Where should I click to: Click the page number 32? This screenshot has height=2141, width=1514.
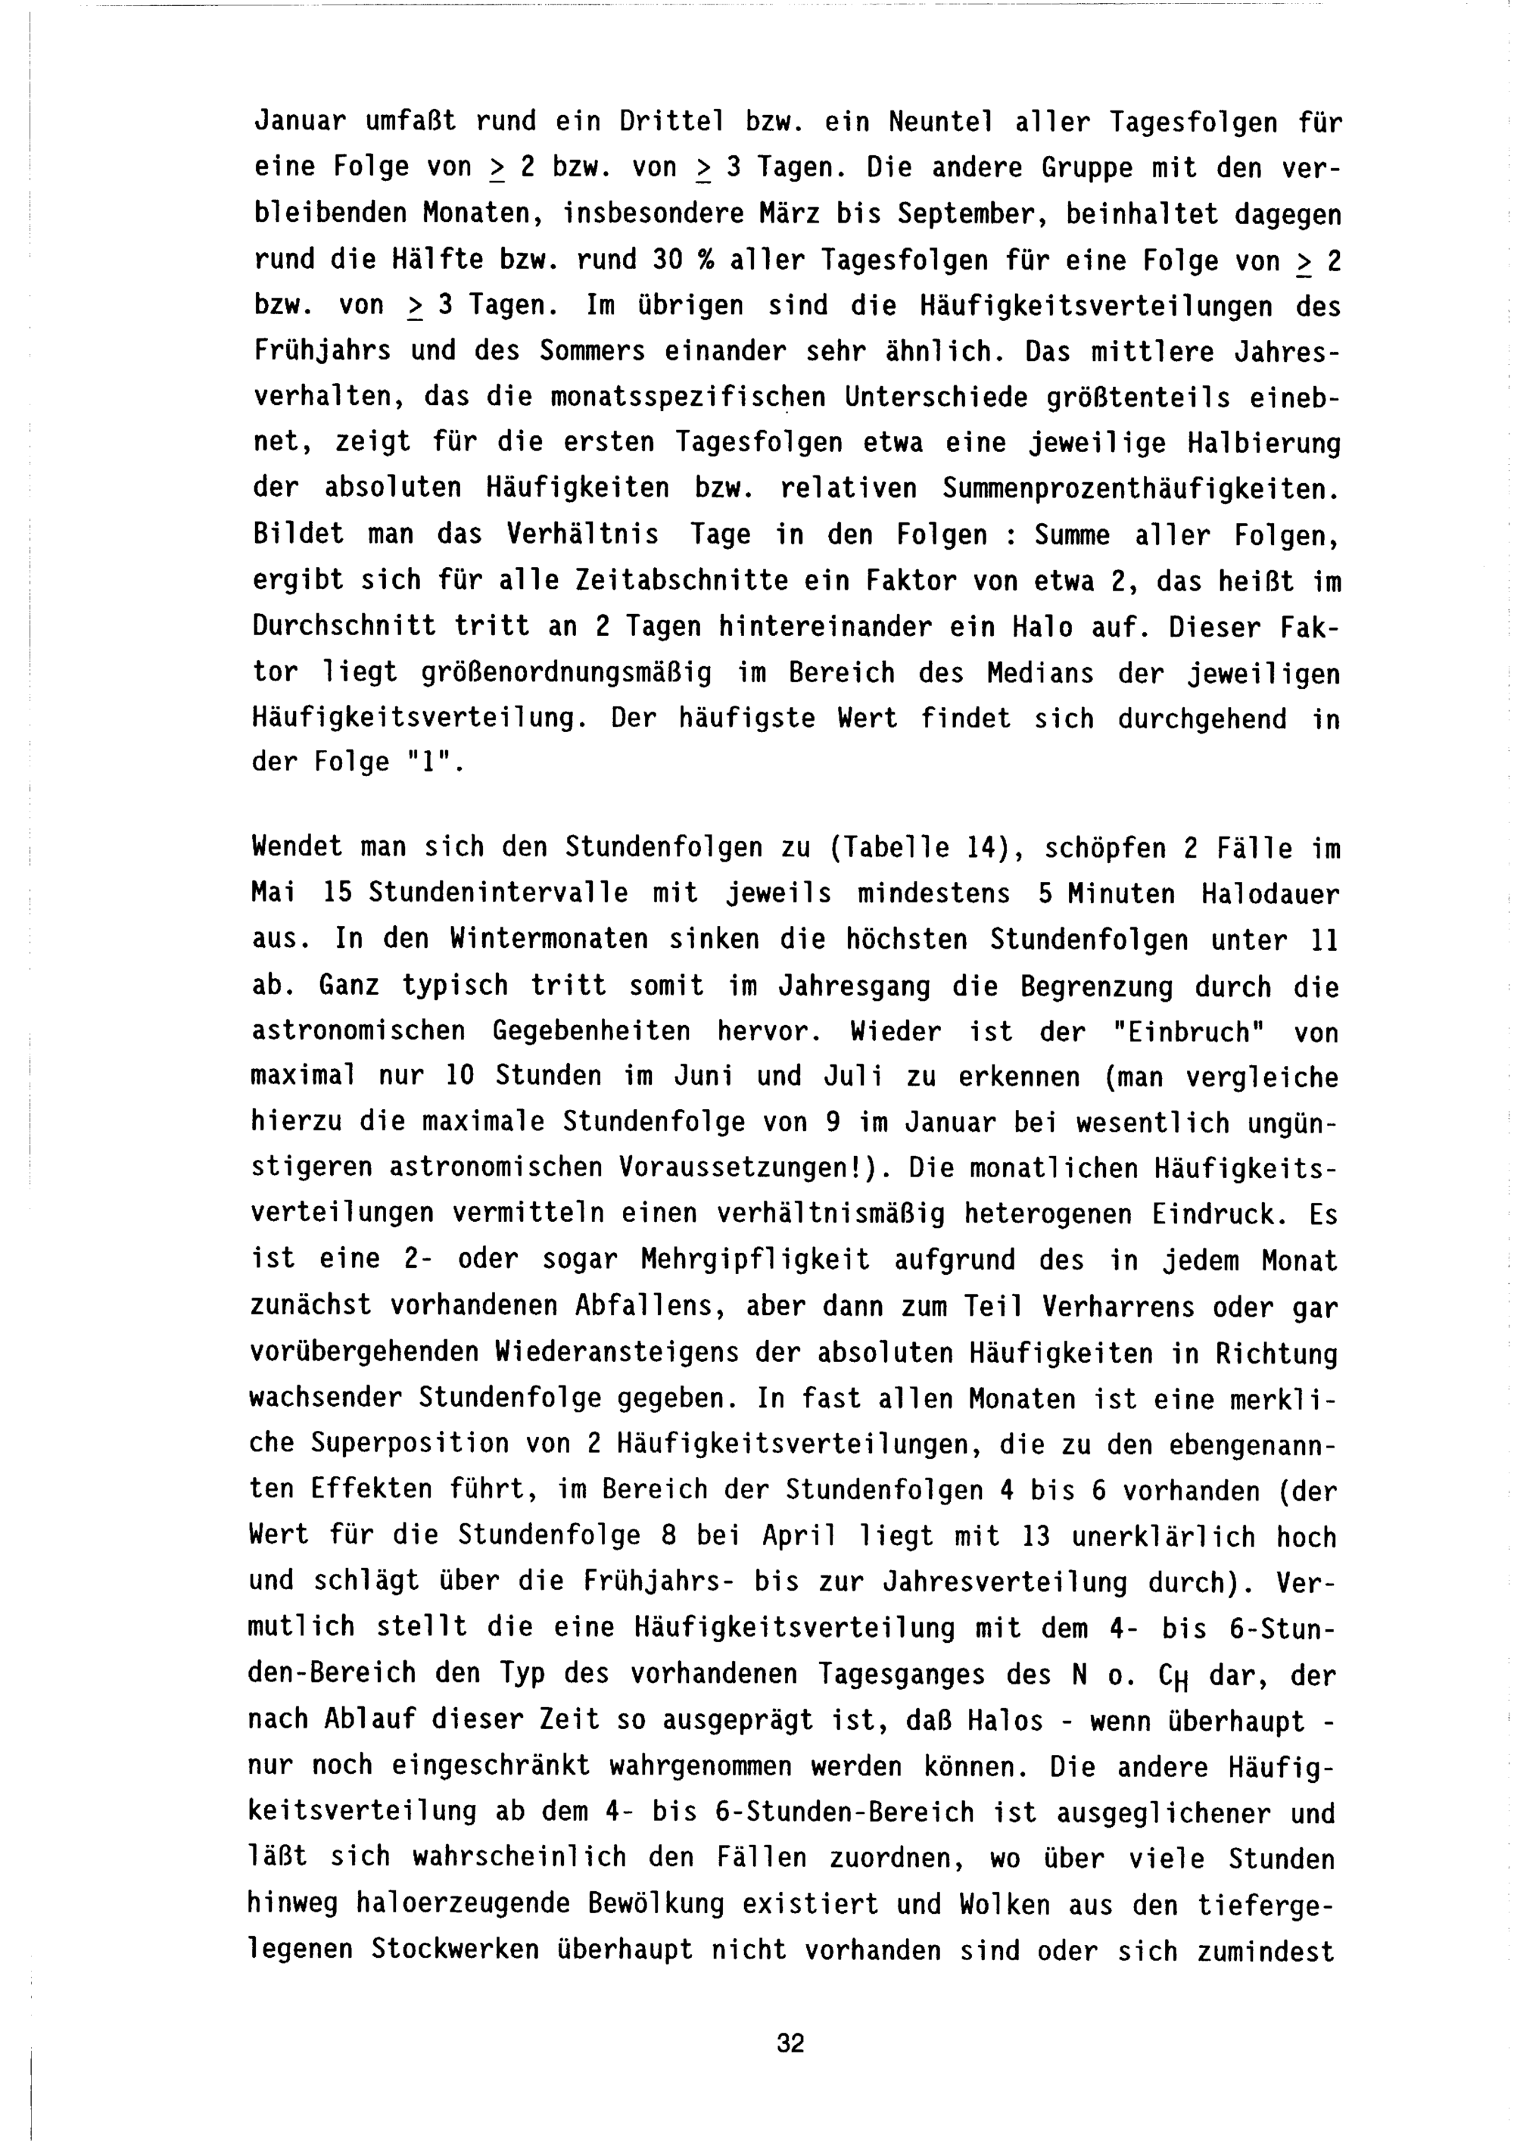(790, 2043)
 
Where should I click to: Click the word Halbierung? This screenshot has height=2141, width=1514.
(1263, 443)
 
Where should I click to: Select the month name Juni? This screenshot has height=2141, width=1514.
(700, 1077)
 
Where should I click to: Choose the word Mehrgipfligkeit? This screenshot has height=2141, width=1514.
(755, 1261)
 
